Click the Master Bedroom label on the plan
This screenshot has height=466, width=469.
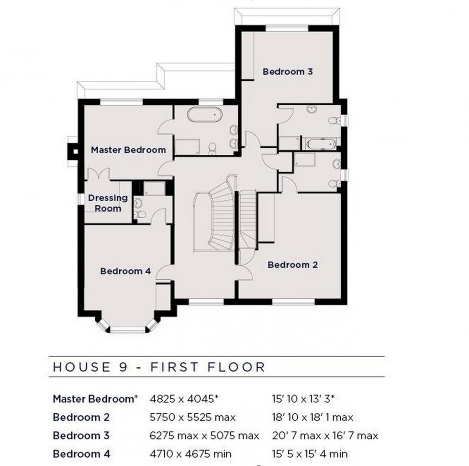tap(128, 150)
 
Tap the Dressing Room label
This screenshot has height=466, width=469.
tap(108, 203)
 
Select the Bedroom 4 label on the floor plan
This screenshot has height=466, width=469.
tap(125, 271)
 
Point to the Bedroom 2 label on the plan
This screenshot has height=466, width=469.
tap(293, 265)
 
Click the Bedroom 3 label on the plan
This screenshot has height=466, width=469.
tap(288, 72)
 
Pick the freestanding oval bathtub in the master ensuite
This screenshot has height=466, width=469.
tap(204, 116)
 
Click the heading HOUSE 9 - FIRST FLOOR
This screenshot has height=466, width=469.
tap(158, 368)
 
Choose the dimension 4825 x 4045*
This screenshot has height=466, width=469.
tap(186, 399)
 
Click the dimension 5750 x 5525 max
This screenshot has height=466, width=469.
tap(192, 418)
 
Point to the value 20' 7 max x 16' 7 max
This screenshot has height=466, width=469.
tap(324, 436)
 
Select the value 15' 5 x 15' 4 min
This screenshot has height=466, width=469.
tap(309, 454)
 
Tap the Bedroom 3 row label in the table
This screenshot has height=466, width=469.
tap(81, 436)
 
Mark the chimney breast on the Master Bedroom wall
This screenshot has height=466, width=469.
tap(73, 151)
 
